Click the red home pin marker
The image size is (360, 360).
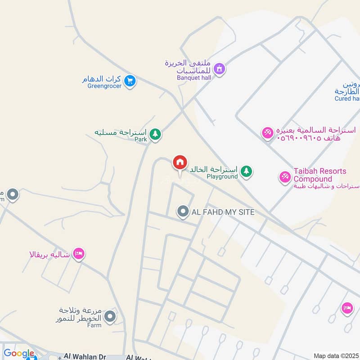pyautogui.click(x=180, y=162)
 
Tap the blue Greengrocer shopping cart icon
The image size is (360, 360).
pyautogui.click(x=130, y=81)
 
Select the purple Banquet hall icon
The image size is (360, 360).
pyautogui.click(x=219, y=69)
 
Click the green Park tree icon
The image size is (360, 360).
pyautogui.click(x=155, y=134)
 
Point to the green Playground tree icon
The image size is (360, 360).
pyautogui.click(x=246, y=171)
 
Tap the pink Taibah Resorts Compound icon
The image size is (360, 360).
pyautogui.click(x=284, y=176)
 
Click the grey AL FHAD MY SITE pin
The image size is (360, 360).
pyautogui.click(x=183, y=211)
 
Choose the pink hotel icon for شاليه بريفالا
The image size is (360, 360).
pyautogui.click(x=79, y=254)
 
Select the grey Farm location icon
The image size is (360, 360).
pyautogui.click(x=110, y=316)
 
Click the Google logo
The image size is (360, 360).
pyautogui.click(x=18, y=354)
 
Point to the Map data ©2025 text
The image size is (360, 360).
pyautogui.click(x=336, y=355)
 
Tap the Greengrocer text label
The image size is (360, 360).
pyautogui.click(x=104, y=86)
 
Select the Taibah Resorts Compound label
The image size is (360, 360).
pyautogui.click(x=320, y=175)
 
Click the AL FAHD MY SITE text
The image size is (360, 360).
pyautogui.click(x=223, y=212)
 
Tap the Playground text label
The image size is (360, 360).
pyautogui.click(x=222, y=177)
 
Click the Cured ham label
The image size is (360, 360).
pyautogui.click(x=347, y=99)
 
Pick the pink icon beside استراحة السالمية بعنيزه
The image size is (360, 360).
pyautogui.click(x=267, y=133)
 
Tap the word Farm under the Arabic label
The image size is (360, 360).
pyautogui.click(x=94, y=325)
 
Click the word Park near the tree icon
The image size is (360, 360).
pyautogui.click(x=140, y=139)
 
